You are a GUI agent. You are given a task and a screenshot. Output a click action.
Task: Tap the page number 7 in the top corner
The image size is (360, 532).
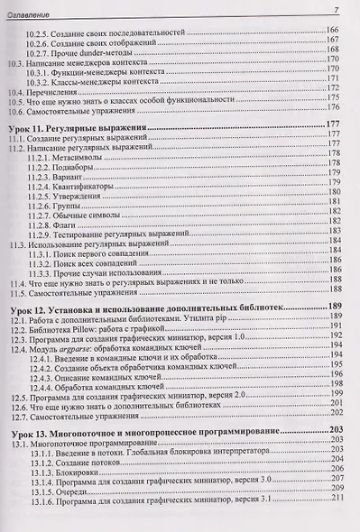pyautogui.click(x=334, y=9)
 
